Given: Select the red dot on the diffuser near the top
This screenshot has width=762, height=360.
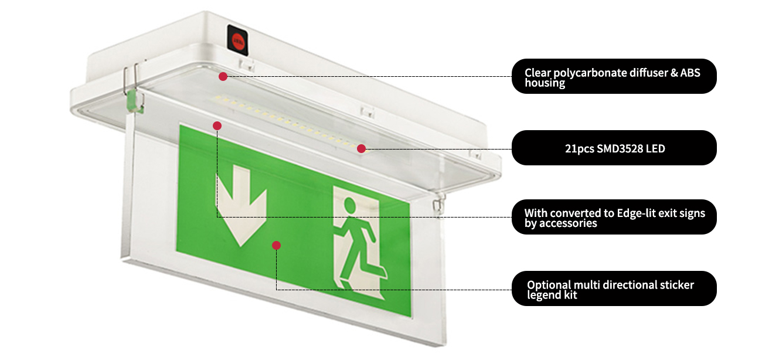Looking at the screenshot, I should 223,76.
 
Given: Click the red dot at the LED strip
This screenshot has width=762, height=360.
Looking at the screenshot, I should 362,148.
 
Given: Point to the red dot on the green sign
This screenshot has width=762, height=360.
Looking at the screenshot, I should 277,245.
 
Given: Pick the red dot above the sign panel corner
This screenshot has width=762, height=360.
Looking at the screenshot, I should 217,125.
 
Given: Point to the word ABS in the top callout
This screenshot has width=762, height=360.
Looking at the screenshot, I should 690,73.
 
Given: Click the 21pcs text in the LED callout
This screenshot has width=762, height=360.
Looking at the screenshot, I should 577,149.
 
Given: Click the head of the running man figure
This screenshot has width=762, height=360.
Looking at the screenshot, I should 350,205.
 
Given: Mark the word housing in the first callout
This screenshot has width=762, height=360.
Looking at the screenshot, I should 545,83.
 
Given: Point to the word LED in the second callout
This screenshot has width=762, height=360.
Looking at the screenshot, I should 655,149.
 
